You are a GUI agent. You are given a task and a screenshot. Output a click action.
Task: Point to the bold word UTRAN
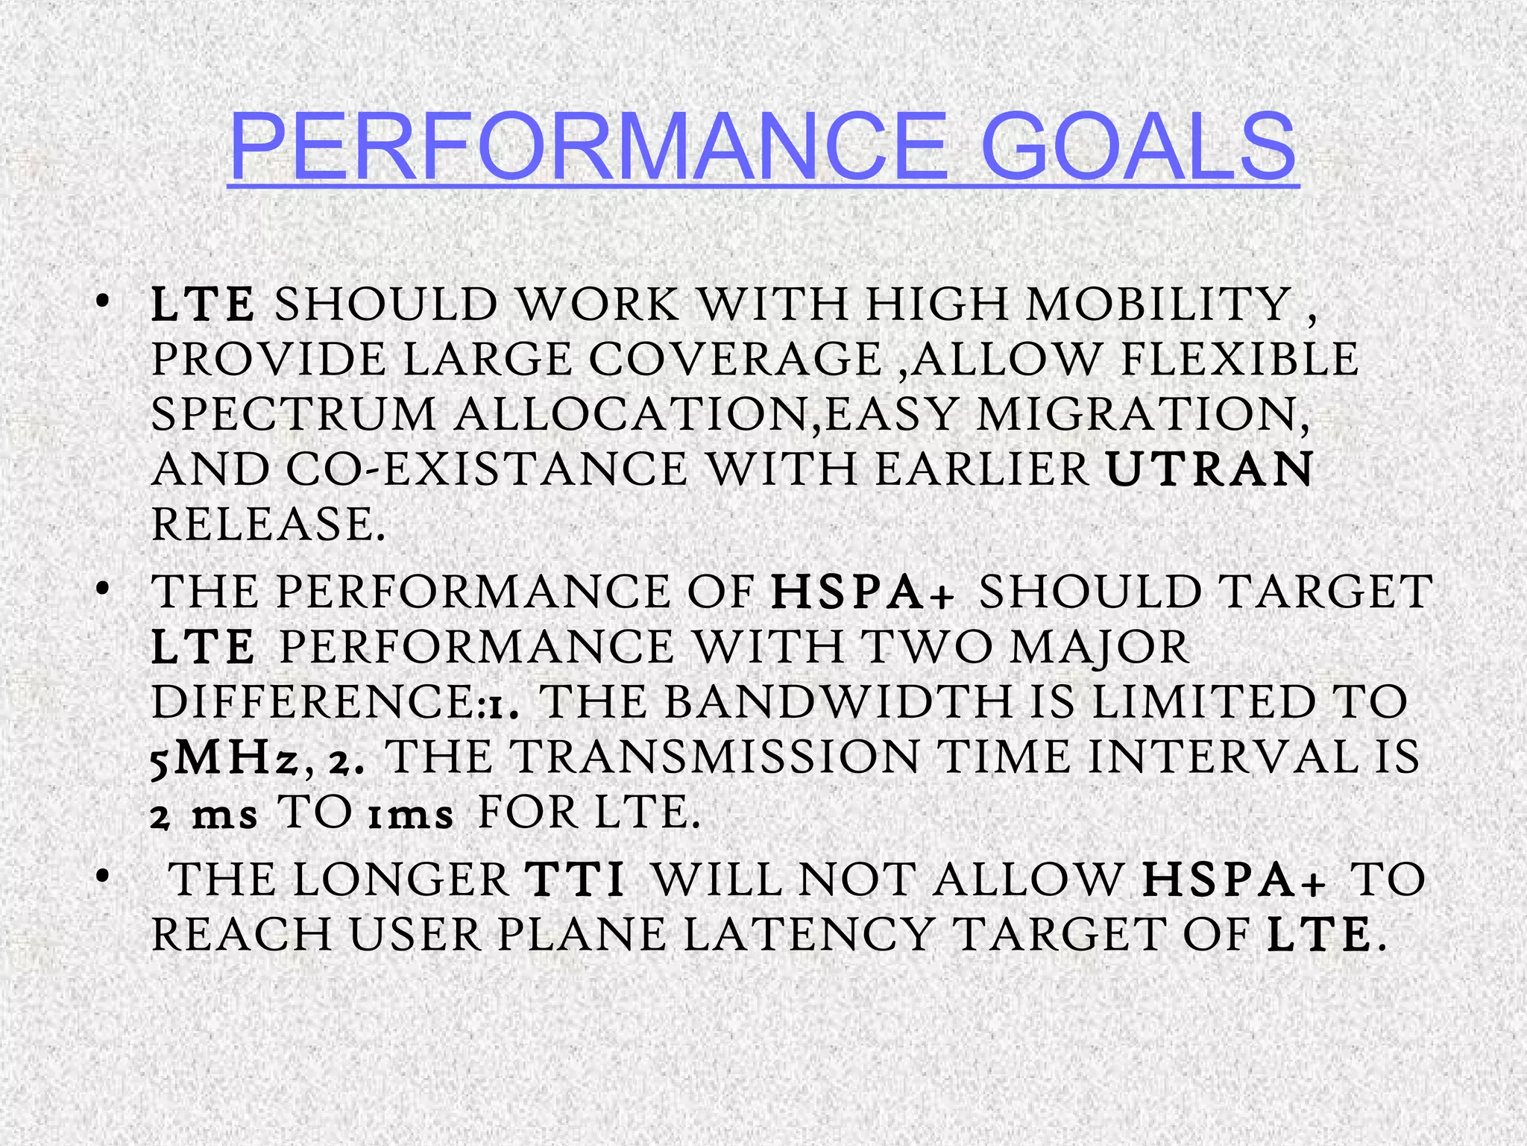tap(1209, 469)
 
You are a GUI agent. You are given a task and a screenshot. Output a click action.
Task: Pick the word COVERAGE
tap(735, 360)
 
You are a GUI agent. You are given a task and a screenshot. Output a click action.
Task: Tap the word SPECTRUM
tap(294, 415)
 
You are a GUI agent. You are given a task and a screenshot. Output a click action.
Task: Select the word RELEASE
tap(268, 524)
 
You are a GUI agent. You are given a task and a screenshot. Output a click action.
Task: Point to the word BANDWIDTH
tap(838, 703)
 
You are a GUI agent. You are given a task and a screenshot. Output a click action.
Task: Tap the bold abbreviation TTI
tap(575, 880)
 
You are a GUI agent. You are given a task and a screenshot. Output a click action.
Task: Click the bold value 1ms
tap(411, 815)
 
